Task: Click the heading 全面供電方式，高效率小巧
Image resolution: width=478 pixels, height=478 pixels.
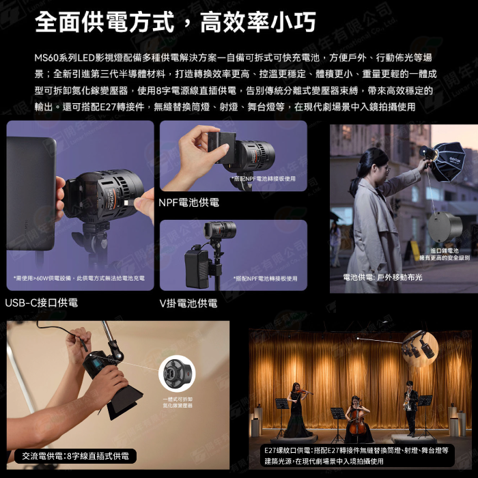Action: tap(175, 22)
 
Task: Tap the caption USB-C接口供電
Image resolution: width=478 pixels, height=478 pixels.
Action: tap(42, 303)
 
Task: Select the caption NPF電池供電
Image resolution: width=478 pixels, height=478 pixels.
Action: tap(188, 203)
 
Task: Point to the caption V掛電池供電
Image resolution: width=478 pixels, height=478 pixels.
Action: tap(188, 303)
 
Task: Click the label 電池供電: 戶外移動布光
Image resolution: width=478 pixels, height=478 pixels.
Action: tap(382, 277)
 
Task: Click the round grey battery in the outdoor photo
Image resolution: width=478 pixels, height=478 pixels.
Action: tap(445, 226)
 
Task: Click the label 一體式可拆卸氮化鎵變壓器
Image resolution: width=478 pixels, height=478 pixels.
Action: tap(177, 402)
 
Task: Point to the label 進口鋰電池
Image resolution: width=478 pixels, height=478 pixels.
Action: tap(445, 251)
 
